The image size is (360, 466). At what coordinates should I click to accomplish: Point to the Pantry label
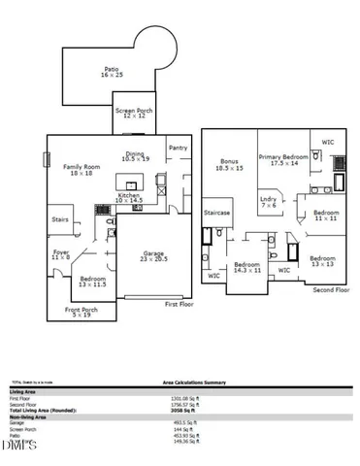(x=178, y=148)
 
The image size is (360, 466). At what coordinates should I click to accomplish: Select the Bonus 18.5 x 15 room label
(x=229, y=165)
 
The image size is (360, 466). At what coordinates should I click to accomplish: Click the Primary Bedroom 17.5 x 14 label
(x=283, y=159)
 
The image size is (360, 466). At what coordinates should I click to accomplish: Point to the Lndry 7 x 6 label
(x=269, y=201)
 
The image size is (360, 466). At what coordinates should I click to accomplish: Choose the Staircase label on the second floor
(x=216, y=212)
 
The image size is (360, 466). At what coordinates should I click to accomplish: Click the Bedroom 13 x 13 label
(x=322, y=260)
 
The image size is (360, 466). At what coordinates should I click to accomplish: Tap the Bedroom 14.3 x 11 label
(x=246, y=266)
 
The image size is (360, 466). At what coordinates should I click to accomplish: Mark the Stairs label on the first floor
(x=61, y=219)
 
